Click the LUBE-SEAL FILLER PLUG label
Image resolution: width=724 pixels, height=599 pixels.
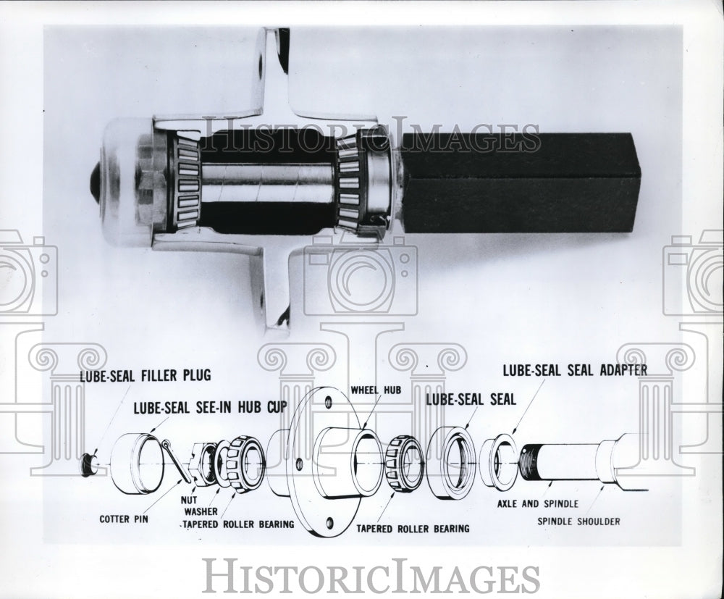coord(145,375)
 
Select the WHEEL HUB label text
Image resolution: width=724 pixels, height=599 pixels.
coord(376,390)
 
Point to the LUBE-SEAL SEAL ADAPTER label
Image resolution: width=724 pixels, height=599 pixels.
coord(575,370)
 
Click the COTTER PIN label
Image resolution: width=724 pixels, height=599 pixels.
coord(125,519)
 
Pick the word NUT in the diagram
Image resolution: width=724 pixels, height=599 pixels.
coord(189,499)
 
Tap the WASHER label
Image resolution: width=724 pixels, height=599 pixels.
coord(201,511)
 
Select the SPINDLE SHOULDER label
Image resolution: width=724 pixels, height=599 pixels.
coord(578,521)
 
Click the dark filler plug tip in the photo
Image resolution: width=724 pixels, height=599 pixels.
coord(95,182)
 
